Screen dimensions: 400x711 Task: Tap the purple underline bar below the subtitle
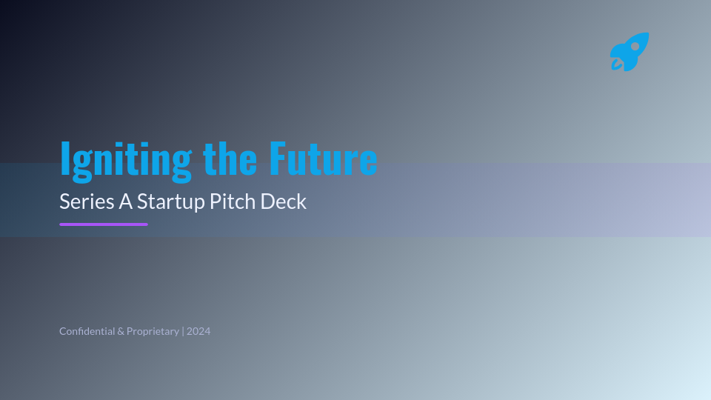click(x=104, y=224)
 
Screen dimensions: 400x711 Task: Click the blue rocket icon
click(x=630, y=52)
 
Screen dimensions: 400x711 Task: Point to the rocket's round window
click(x=635, y=47)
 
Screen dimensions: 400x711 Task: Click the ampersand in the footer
click(x=121, y=331)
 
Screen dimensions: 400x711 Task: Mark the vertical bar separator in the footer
click(x=183, y=331)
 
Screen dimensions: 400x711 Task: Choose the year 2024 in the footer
click(x=198, y=331)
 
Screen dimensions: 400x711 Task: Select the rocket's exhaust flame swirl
click(x=616, y=64)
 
